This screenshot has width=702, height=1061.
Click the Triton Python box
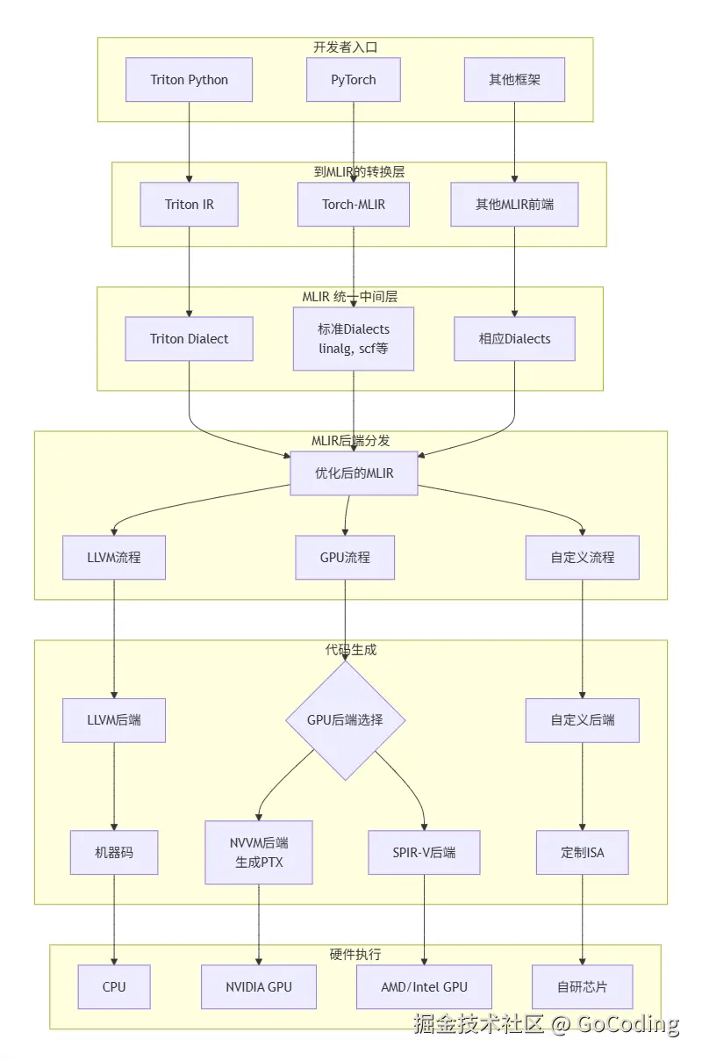coord(189,80)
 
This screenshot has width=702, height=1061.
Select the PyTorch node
coord(354,80)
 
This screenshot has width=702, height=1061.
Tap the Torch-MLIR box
coord(354,205)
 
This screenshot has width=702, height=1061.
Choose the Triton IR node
coord(189,205)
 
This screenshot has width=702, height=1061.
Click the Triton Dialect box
coord(189,339)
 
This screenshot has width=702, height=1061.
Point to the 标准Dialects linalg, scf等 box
coord(354,339)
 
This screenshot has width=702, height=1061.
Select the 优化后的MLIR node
coord(354,473)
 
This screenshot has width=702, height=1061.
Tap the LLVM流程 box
coord(114,557)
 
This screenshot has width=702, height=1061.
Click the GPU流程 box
coord(345,557)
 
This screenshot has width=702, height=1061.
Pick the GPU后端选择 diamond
coord(345,720)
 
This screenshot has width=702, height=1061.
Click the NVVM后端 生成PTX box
coord(259,852)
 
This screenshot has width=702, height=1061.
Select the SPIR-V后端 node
coord(424,852)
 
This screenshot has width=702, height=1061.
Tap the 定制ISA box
coord(583,852)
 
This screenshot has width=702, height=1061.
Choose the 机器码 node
coord(114,852)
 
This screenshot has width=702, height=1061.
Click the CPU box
coord(114,986)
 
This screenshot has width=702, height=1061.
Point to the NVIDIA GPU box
coord(259,986)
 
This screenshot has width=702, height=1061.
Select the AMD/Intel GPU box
coord(424,986)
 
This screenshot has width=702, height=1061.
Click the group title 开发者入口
coord(345,47)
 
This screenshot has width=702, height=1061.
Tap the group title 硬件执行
coord(355,954)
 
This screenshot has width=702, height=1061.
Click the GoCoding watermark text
coord(627,1024)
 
